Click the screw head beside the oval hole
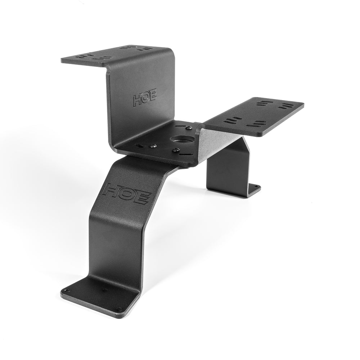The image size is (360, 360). click(x=152, y=146)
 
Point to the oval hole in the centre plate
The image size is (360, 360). click(x=139, y=146)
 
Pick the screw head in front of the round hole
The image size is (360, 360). click(x=176, y=150)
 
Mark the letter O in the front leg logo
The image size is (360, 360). click(x=126, y=192)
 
